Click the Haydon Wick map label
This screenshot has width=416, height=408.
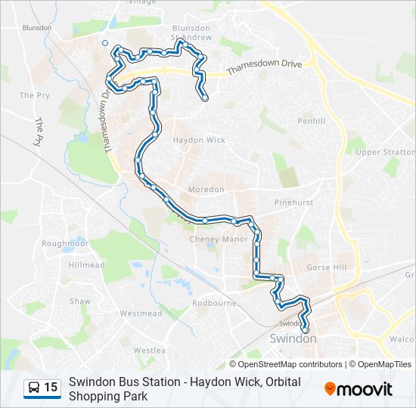pyautogui.click(x=199, y=140)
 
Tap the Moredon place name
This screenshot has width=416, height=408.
pyautogui.click(x=206, y=189)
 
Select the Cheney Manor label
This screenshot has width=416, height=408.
pyautogui.click(x=219, y=239)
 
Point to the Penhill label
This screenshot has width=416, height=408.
pyautogui.click(x=311, y=121)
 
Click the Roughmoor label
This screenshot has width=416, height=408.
pyautogui.click(x=65, y=243)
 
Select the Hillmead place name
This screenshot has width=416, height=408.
pyautogui.click(x=87, y=265)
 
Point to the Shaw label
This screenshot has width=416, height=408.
pyautogui.click(x=80, y=301)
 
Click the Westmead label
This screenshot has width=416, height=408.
pyautogui.click(x=141, y=313)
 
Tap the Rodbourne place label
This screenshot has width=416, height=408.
pyautogui.click(x=214, y=303)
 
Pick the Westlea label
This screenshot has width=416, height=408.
pyautogui.click(x=149, y=351)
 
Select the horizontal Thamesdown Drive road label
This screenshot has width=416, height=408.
pyautogui.click(x=264, y=66)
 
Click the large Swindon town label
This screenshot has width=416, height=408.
pyautogui.click(x=293, y=338)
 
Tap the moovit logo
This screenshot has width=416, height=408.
pyautogui.click(x=359, y=389)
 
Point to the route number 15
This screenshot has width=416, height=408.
pyautogui.click(x=51, y=388)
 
